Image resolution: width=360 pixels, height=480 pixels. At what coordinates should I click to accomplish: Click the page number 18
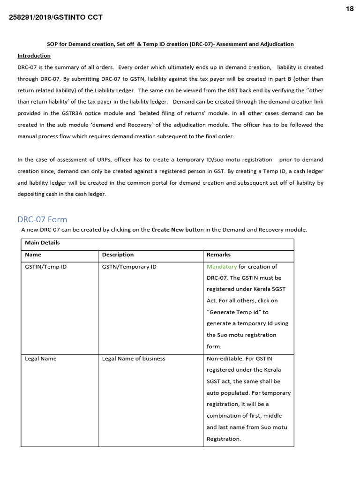(350, 9)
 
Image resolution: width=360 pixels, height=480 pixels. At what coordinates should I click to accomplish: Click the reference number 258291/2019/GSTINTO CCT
(56, 18)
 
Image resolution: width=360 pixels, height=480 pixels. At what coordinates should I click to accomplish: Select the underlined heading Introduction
(34, 56)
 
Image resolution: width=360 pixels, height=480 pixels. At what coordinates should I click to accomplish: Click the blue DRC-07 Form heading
(42, 219)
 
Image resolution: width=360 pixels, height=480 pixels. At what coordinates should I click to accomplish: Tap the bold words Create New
(167, 230)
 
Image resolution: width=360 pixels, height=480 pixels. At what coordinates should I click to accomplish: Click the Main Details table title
(42, 243)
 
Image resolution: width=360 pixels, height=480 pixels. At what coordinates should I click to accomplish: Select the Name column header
(33, 255)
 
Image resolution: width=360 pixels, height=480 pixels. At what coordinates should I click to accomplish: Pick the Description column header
(118, 255)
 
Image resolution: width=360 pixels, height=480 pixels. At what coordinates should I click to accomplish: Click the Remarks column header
(218, 255)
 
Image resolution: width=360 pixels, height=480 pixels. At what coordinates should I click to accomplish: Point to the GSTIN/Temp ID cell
(45, 267)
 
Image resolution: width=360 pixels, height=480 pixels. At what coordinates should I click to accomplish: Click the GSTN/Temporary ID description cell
(129, 267)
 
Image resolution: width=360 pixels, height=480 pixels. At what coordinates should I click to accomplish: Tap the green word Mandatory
(222, 267)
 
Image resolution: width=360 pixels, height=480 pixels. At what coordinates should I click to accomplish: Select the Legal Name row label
(40, 359)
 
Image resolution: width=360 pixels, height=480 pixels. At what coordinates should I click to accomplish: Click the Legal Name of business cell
(134, 359)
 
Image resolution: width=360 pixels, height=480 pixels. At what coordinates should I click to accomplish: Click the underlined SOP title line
(170, 44)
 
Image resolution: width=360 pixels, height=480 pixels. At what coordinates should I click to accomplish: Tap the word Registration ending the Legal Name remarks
(223, 439)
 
